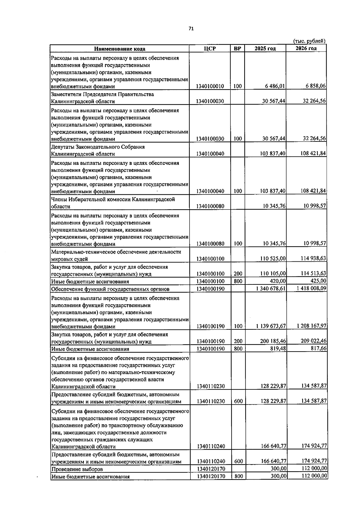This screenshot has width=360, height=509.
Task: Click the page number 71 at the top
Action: coord(191,28)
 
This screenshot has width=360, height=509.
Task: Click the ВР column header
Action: coord(238,49)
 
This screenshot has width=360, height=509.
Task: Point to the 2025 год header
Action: coord(265,49)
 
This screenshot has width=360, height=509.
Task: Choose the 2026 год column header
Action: coord(306,49)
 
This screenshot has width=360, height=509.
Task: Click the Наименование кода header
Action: coord(119,49)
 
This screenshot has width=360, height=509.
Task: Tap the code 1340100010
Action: coord(210,86)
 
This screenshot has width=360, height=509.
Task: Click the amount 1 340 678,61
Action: coord(271,289)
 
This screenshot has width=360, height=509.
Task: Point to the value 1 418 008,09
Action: coord(311,288)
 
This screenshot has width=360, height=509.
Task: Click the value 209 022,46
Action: coord(314,341)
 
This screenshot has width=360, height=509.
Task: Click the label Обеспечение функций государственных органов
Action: coord(110,289)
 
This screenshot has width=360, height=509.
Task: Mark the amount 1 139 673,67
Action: coord(271,326)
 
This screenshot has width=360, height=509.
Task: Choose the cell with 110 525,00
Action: coord(273,258)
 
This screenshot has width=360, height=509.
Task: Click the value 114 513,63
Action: coord(314,273)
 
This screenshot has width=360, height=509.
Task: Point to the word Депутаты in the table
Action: coord(63,147)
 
